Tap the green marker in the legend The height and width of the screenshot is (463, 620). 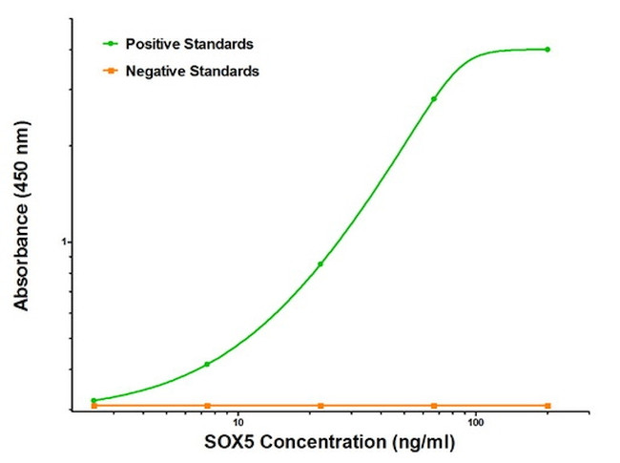click(x=111, y=43)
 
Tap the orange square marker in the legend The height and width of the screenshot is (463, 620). click(x=111, y=71)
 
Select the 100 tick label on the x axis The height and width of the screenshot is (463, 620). click(x=475, y=421)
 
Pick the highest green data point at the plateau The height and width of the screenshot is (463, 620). click(x=548, y=49)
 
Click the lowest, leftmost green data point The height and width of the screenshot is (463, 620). click(x=93, y=401)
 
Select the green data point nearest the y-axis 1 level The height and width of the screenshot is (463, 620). click(x=320, y=263)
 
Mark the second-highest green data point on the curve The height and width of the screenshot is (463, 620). click(x=434, y=98)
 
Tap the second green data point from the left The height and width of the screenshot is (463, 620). click(x=207, y=364)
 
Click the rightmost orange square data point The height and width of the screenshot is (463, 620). click(x=548, y=406)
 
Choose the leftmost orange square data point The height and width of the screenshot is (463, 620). click(x=93, y=406)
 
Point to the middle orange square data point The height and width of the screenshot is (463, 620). click(x=320, y=406)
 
